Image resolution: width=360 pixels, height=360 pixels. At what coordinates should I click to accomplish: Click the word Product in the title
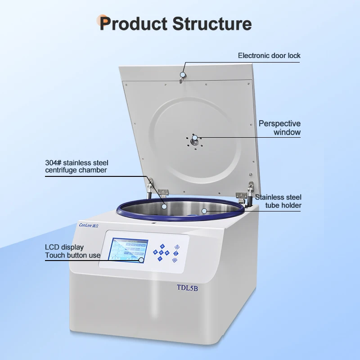[133, 23]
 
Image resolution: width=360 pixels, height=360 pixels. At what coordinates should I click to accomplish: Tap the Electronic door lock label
[269, 56]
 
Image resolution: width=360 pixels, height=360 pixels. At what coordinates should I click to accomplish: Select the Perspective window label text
[279, 128]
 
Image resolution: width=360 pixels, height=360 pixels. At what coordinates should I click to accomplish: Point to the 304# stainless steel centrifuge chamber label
[76, 166]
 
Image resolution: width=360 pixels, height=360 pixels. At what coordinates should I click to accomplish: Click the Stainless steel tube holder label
[278, 201]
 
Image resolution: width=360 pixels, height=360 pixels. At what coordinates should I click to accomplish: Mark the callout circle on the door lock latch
[183, 75]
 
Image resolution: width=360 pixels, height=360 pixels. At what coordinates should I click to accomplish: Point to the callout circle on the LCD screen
[141, 260]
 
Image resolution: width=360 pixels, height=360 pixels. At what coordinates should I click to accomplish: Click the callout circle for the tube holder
[204, 210]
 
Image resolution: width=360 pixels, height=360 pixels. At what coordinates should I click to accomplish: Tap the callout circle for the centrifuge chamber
[165, 207]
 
